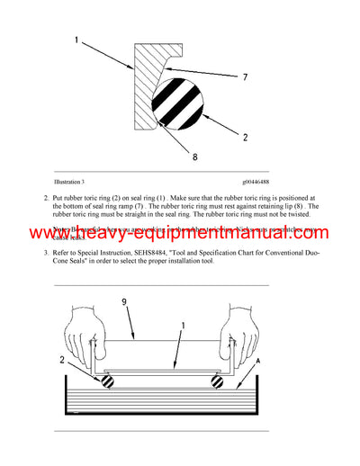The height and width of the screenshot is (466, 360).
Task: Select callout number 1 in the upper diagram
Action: pos(76,40)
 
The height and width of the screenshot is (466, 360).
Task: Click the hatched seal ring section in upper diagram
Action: pos(144,90)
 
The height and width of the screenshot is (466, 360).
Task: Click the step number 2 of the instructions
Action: pos(46,196)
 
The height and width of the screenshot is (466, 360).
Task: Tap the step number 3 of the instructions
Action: pos(46,252)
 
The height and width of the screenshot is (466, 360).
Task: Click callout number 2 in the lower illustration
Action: pos(64,360)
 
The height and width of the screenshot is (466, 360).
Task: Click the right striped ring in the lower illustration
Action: pos(215,380)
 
